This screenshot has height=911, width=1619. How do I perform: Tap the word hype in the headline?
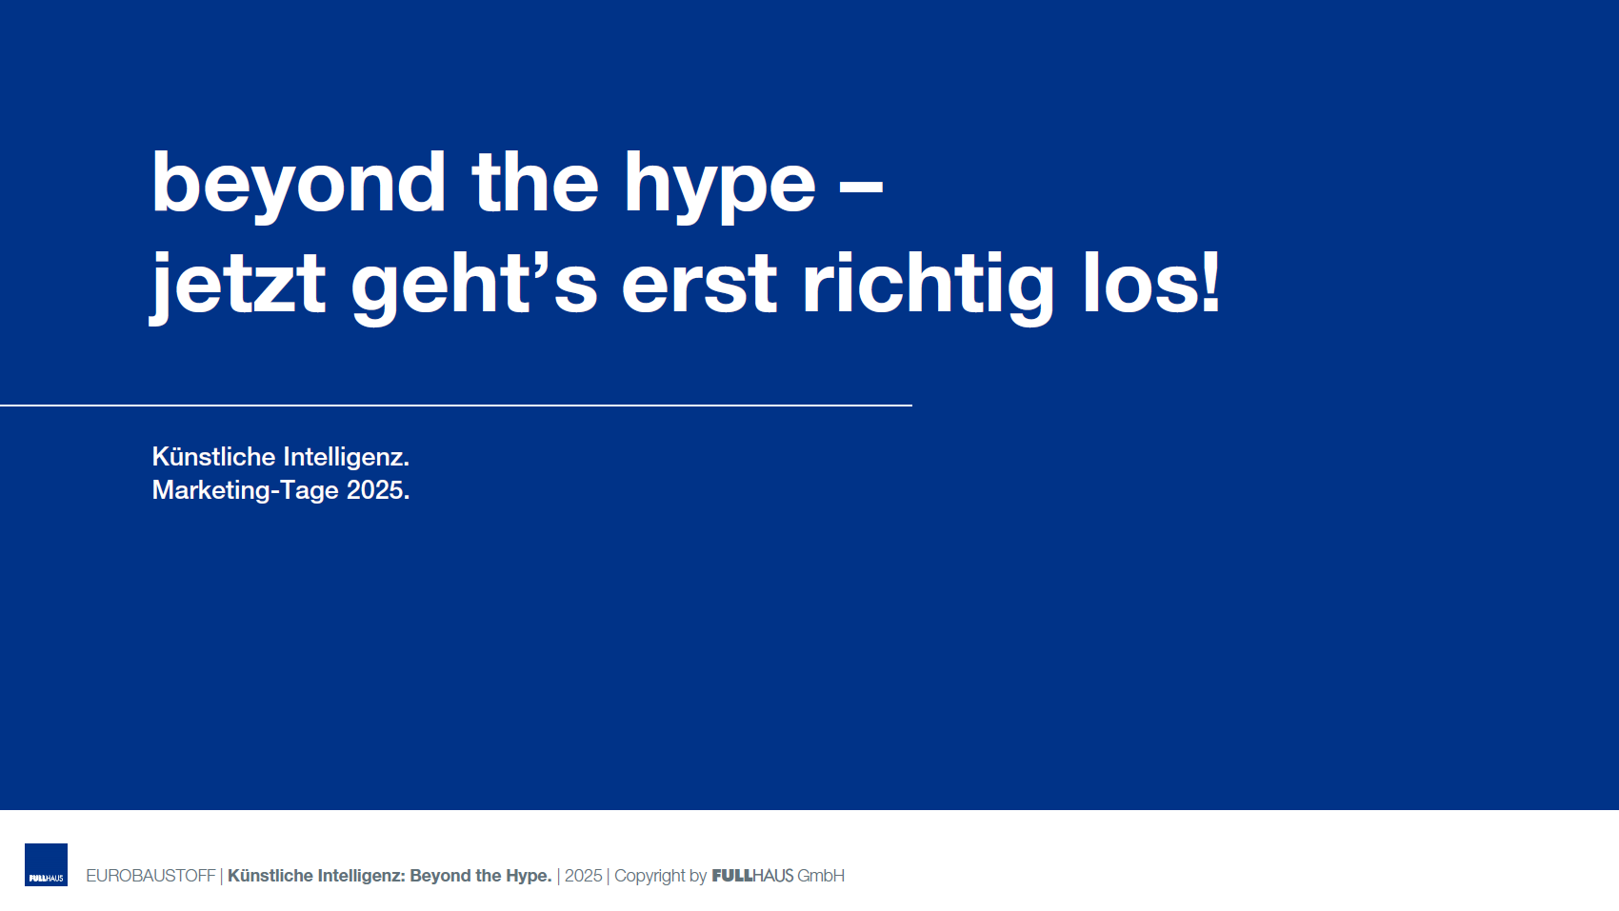tap(720, 188)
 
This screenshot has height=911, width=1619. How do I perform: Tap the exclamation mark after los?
tap(1209, 283)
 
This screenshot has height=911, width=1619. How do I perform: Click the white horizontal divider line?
tap(456, 406)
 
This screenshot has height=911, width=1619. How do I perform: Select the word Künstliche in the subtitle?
tap(213, 457)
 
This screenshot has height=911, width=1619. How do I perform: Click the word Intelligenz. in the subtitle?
tap(347, 457)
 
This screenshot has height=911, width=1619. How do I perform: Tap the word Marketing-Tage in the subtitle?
tap(245, 491)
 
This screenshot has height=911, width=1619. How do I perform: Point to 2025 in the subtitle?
tap(374, 490)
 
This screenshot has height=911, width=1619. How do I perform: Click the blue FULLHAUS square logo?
tap(47, 864)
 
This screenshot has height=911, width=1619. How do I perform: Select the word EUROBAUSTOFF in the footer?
tap(151, 876)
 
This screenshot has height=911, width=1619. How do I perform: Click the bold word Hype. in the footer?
tap(529, 877)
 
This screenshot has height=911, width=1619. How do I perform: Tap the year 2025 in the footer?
tap(583, 876)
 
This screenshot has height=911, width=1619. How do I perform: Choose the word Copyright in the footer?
tap(650, 877)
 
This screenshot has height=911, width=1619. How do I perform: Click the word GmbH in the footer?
tap(821, 876)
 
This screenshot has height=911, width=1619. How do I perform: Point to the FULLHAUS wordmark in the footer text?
tap(752, 876)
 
